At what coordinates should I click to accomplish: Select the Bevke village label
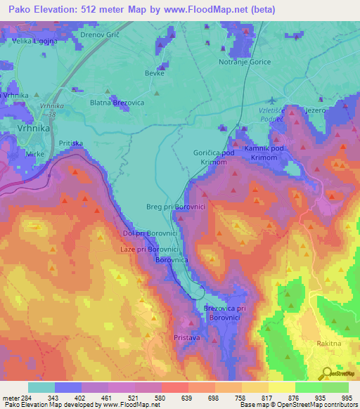click(x=154, y=73)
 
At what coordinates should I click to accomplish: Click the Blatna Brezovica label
click(x=117, y=101)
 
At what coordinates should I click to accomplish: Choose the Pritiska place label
click(x=71, y=143)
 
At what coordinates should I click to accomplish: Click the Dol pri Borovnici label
click(x=149, y=233)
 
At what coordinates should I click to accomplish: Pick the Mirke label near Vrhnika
click(x=35, y=152)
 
